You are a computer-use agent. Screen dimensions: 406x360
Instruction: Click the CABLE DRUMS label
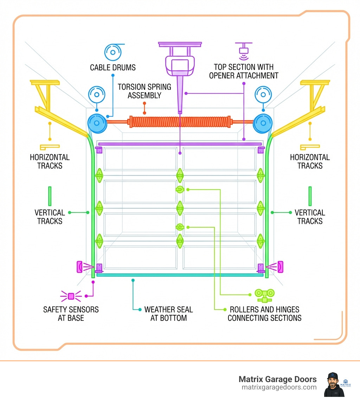point(112,68)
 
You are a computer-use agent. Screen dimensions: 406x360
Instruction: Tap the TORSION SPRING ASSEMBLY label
point(144,91)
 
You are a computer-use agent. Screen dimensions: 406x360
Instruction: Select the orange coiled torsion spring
point(180,122)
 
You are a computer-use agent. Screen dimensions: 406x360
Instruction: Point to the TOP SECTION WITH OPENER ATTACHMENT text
point(244,71)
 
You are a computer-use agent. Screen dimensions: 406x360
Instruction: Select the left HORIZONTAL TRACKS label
point(50,161)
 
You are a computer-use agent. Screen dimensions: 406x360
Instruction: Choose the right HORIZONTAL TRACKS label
point(310,161)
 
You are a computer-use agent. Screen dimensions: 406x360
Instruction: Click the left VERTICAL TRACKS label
point(50,217)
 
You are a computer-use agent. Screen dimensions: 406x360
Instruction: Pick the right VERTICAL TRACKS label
point(310,217)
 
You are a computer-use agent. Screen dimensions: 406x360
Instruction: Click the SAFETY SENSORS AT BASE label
point(71,314)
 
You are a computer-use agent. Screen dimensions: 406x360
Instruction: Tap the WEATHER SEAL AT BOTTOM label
point(168,314)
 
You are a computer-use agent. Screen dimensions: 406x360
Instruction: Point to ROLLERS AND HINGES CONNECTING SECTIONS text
point(264,314)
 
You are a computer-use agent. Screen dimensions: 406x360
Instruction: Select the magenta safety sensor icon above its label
point(71,296)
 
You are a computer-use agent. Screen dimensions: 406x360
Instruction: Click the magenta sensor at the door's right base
point(280,267)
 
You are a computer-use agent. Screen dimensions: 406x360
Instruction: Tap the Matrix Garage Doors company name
point(277,379)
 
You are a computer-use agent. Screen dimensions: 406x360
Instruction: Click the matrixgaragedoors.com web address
point(279,387)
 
